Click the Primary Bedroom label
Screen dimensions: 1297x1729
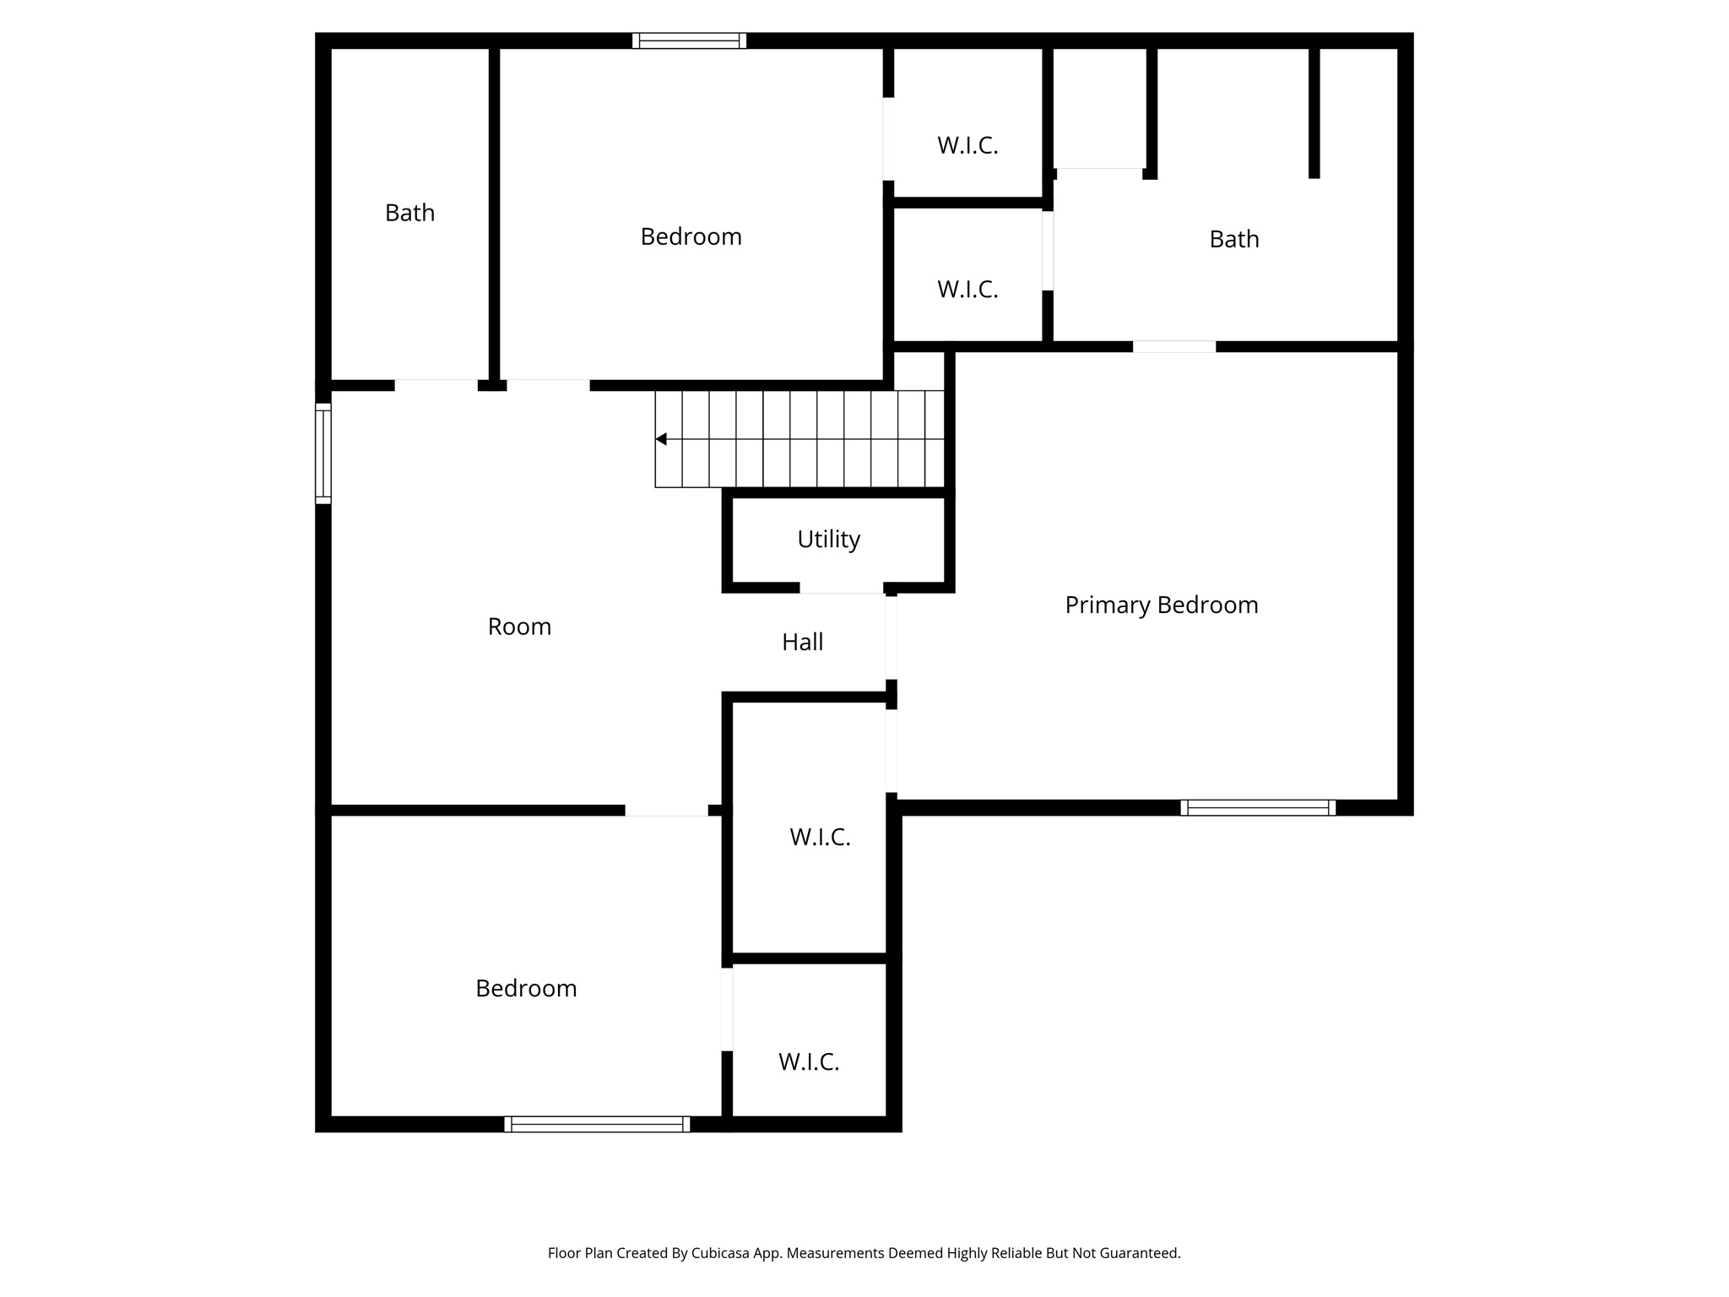[x=1161, y=605]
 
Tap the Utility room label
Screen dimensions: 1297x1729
[x=828, y=539]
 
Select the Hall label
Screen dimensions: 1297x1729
[x=802, y=642]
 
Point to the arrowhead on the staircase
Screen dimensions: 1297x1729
[x=661, y=439]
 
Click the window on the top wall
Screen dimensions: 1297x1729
[x=689, y=41]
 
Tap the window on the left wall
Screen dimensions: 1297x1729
[x=323, y=453]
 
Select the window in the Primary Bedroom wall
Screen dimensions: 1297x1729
[x=1258, y=807]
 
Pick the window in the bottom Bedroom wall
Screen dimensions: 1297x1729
[x=597, y=1124]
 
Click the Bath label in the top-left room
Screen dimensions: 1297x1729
[x=409, y=213]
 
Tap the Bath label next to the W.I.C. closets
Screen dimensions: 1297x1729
[x=1233, y=239]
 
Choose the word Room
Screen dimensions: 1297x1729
[x=519, y=627]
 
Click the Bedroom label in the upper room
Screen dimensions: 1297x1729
[x=691, y=236]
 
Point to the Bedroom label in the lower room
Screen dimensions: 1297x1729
[x=526, y=988]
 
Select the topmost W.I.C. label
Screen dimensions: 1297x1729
[x=967, y=145]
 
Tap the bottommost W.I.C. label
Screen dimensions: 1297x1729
[x=809, y=1061]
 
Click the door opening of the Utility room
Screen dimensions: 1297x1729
[x=842, y=588]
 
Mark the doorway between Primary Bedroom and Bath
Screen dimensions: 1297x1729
[x=1173, y=346]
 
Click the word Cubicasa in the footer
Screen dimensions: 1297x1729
[x=723, y=1253]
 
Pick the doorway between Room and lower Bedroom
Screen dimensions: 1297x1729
[x=666, y=811]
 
